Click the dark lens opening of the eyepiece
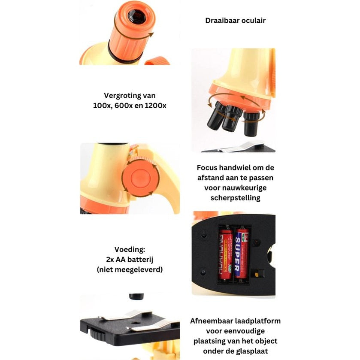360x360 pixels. [137, 17]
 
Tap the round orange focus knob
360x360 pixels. [140, 178]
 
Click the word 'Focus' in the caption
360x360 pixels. [207, 168]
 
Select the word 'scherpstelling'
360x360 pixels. [235, 198]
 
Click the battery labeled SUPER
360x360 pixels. [242, 252]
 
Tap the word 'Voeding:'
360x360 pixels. [130, 249]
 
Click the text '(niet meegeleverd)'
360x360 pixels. [130, 269]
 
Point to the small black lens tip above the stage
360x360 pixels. [136, 296]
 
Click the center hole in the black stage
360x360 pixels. [135, 323]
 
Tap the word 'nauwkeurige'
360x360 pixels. [246, 188]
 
